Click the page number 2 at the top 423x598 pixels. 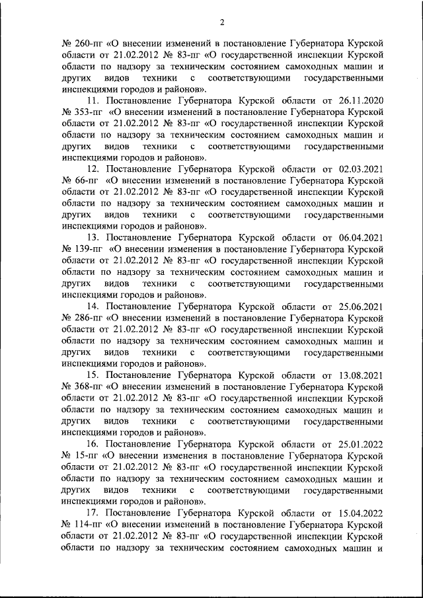(x=222, y=22)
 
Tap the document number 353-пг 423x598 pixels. (x=82, y=112)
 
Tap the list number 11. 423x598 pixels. (x=93, y=101)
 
